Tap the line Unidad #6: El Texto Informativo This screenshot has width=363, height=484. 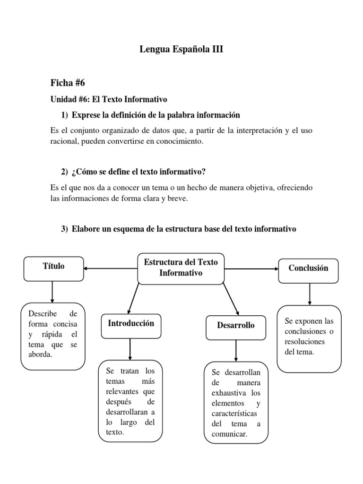coord(109,100)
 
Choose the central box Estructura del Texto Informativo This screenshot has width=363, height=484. coord(181,268)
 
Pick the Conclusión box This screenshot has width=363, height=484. coord(308,268)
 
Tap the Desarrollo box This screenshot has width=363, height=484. coord(235,326)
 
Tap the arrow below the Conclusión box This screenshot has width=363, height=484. coord(309,294)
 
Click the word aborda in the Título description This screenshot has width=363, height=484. coord(40,354)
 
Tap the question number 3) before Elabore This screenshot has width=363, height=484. coord(65,229)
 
